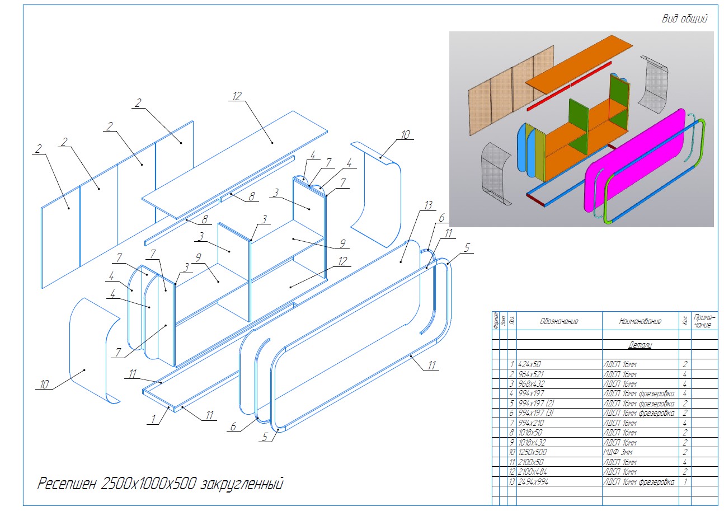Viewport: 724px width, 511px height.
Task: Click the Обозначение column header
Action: click(558, 322)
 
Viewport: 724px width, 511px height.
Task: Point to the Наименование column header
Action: click(640, 322)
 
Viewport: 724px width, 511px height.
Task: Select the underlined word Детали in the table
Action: click(640, 345)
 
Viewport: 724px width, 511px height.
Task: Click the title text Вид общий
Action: click(684, 19)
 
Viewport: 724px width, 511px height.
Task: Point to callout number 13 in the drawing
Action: click(428, 206)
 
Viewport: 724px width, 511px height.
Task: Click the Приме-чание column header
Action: click(704, 321)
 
